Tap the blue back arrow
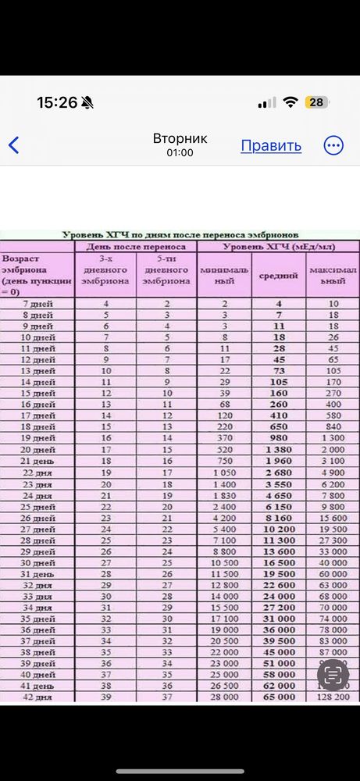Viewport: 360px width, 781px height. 13,145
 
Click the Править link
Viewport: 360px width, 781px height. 271,145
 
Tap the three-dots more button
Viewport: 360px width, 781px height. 333,145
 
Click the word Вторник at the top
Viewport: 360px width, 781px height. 180,138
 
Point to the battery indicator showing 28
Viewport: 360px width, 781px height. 316,102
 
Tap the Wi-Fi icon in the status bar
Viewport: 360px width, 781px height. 291,102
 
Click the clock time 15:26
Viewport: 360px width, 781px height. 57,102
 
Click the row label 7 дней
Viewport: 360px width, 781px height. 37,303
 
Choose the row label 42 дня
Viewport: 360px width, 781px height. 37,697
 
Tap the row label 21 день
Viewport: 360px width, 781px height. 37,461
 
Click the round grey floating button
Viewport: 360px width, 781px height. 334,674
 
